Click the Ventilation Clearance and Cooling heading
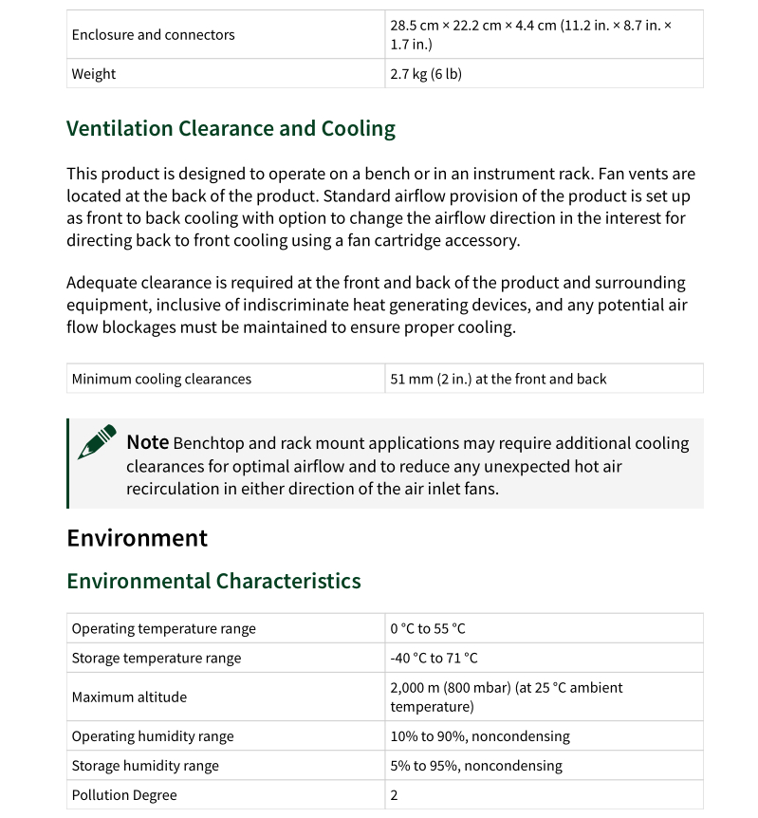point(231,129)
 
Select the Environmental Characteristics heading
point(213,581)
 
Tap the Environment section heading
point(137,538)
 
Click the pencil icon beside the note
point(96,442)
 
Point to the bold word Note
point(147,442)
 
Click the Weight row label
point(94,74)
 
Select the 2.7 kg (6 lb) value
point(426,74)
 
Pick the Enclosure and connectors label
point(153,35)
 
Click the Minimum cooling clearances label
point(161,379)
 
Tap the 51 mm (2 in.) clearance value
point(498,379)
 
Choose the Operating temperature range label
point(163,629)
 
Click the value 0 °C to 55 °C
point(428,629)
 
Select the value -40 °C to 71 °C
point(434,659)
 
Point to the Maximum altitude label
point(129,697)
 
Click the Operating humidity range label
point(153,736)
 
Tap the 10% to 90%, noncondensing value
point(480,736)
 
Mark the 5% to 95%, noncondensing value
point(476,766)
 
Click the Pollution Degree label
point(124,795)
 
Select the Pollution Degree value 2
point(395,795)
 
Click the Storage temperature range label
point(157,659)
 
